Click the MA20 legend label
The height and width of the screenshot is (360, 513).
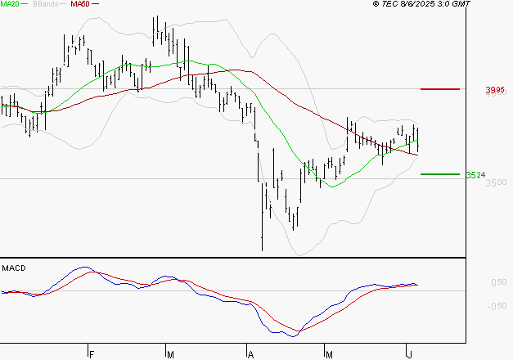click(9, 4)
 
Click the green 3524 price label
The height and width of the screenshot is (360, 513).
click(476, 174)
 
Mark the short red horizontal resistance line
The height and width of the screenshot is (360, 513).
click(439, 88)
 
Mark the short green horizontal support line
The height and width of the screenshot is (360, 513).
click(439, 173)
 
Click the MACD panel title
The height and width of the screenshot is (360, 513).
click(14, 268)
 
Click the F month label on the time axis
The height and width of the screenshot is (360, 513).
click(92, 354)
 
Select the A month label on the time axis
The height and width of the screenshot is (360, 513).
click(250, 354)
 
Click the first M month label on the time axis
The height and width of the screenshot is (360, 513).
click(170, 354)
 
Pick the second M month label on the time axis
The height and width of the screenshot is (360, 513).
click(329, 354)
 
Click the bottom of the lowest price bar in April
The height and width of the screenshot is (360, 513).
click(262, 250)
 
